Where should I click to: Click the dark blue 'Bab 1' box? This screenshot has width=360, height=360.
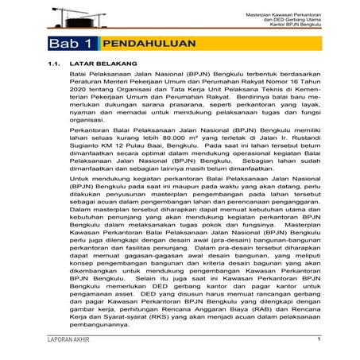tap(72, 43)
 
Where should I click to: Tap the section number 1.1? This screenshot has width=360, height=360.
tap(55, 62)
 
